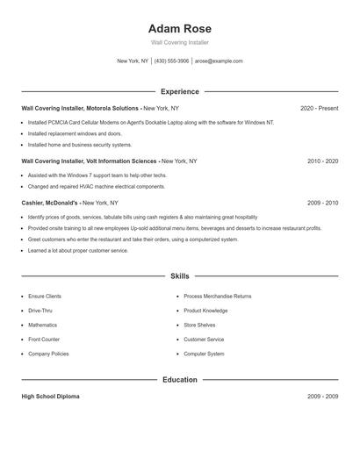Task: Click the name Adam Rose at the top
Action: pyautogui.click(x=180, y=29)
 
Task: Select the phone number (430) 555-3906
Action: pyautogui.click(x=171, y=61)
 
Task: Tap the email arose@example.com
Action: pyautogui.click(x=219, y=61)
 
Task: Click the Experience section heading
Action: pyautogui.click(x=180, y=91)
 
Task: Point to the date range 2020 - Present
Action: pyautogui.click(x=319, y=108)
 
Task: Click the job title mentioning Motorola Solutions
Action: pyautogui.click(x=80, y=108)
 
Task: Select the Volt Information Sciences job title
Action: pyautogui.click(x=90, y=161)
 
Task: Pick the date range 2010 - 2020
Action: pyautogui.click(x=322, y=161)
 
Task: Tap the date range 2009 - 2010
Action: pyautogui.click(x=322, y=203)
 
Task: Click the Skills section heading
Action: pyautogui.click(x=180, y=275)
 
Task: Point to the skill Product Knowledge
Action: pyautogui.click(x=205, y=311)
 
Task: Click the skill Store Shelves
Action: pyautogui.click(x=200, y=325)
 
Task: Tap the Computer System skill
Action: pyautogui.click(x=204, y=354)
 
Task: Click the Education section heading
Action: pyautogui.click(x=180, y=380)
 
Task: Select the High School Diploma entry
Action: pyautogui.click(x=50, y=397)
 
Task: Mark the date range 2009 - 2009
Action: pyautogui.click(x=322, y=397)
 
